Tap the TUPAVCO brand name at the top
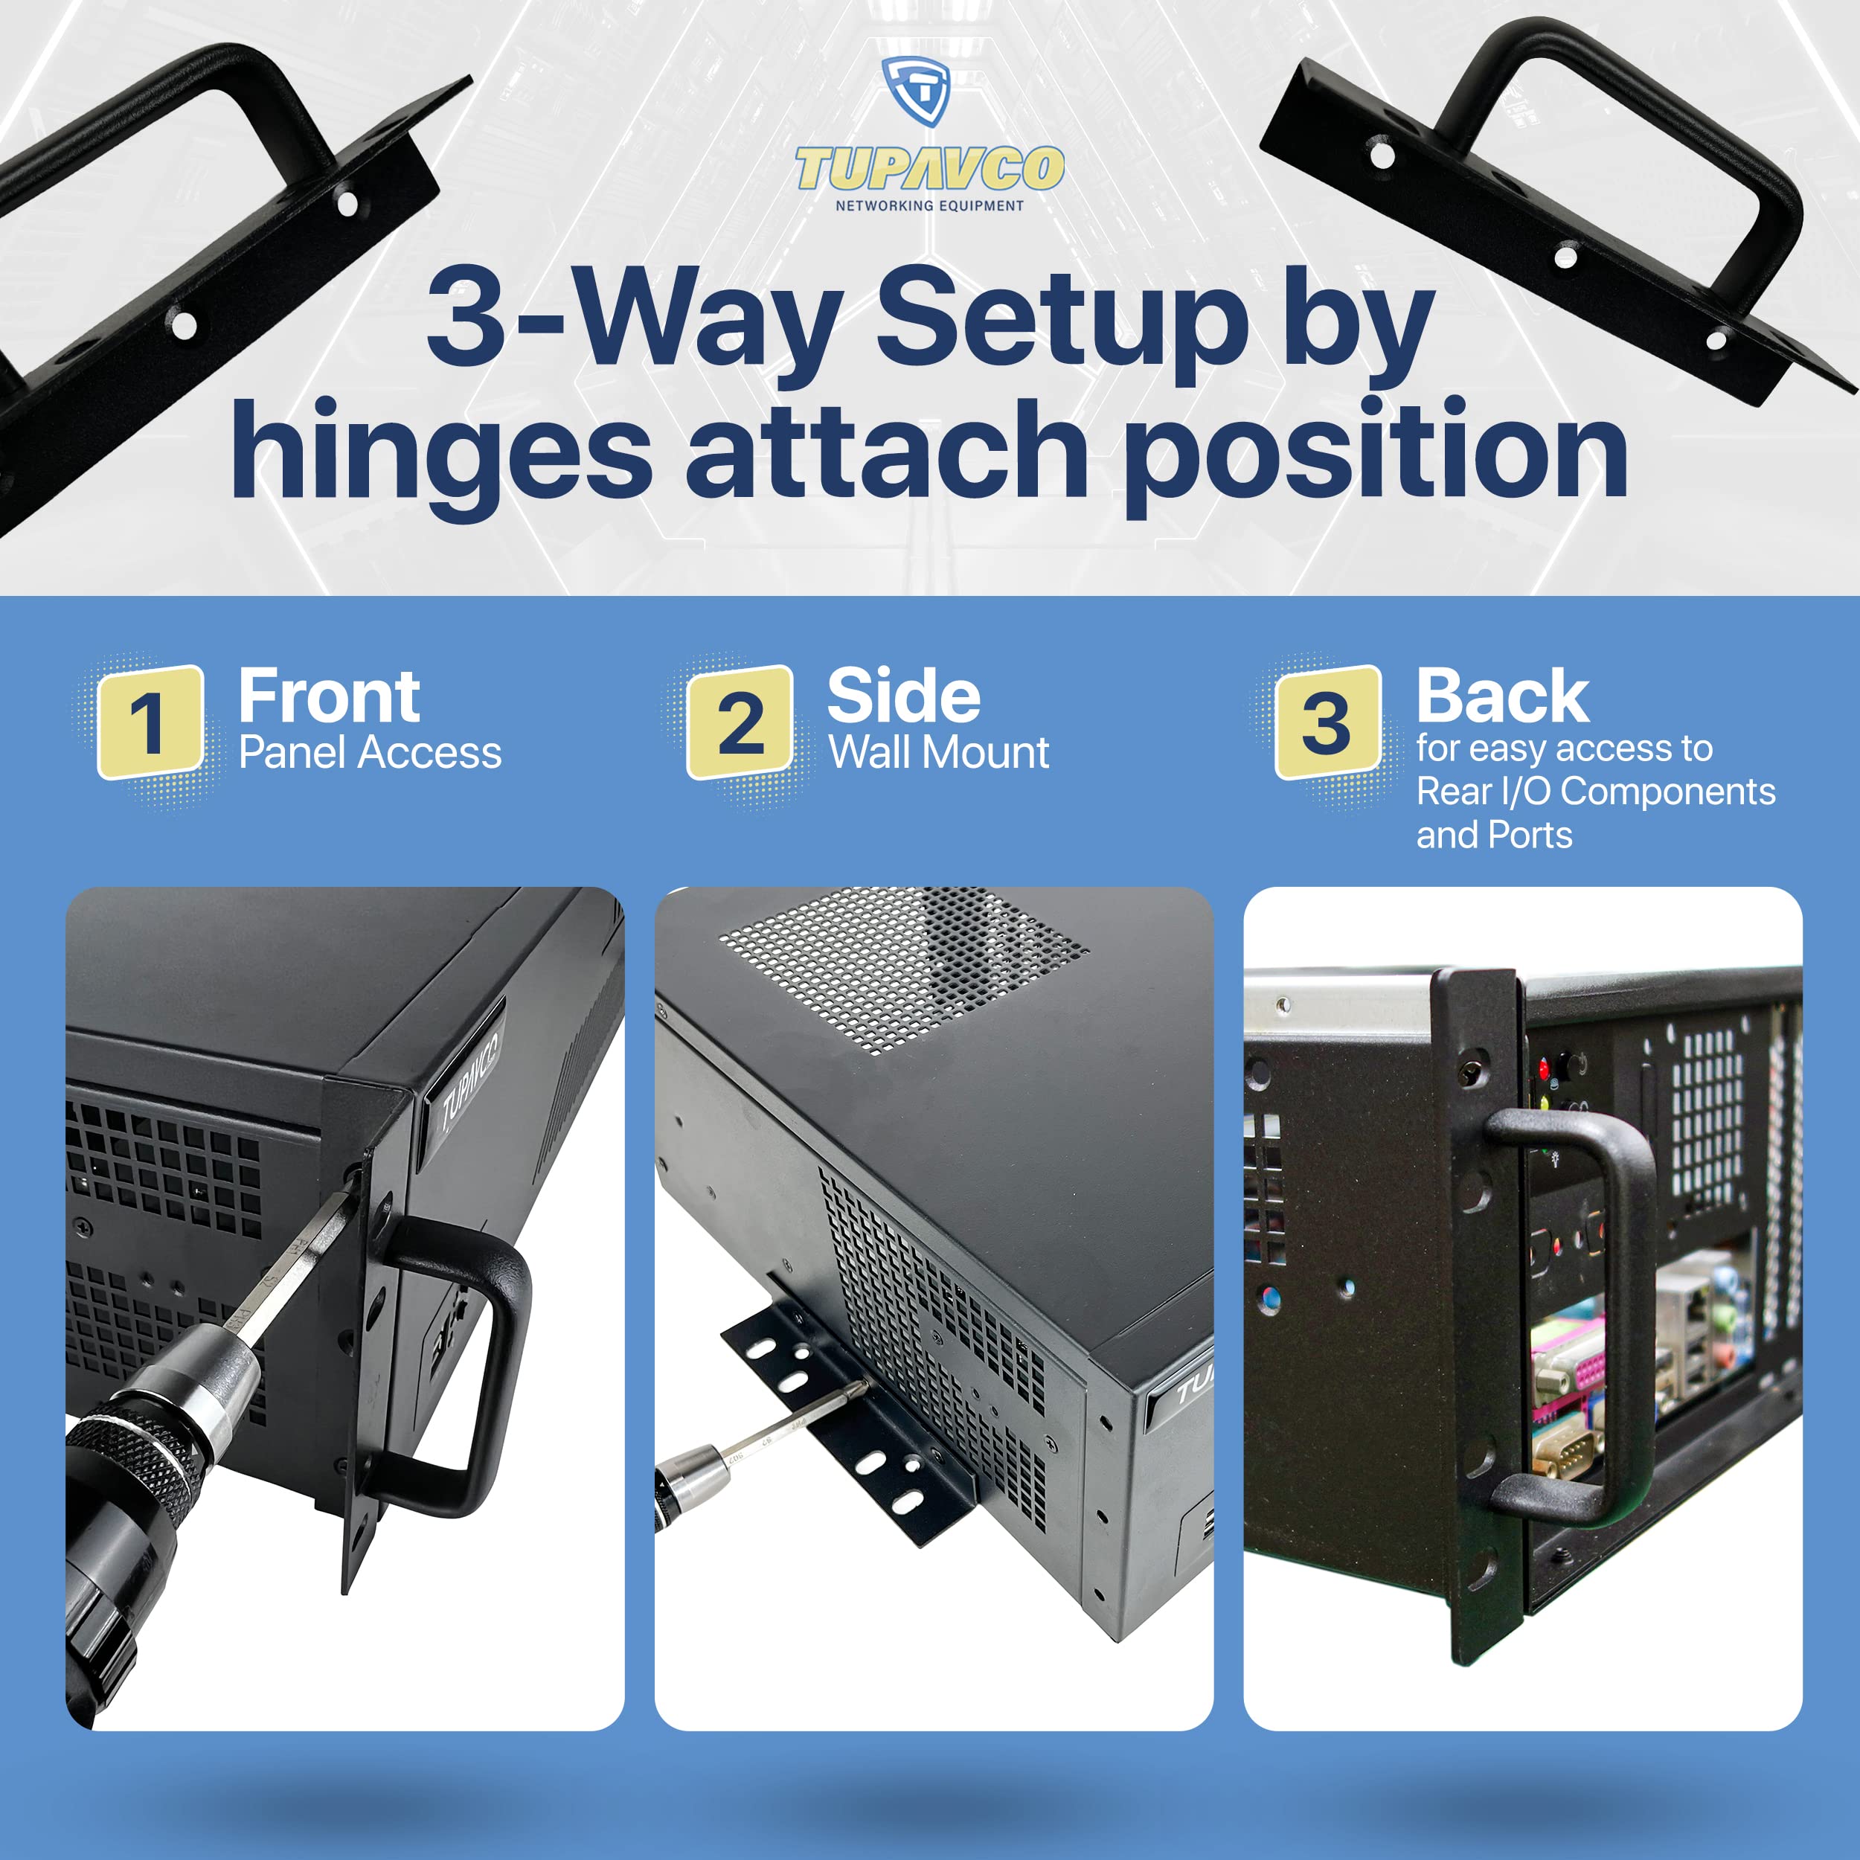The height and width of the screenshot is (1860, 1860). (x=929, y=168)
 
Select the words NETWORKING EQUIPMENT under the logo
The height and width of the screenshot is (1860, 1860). (x=929, y=205)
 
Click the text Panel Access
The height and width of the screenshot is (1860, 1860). (x=370, y=753)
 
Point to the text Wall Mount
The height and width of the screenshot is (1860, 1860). (x=939, y=753)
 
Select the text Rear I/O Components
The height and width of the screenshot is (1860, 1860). (x=1595, y=792)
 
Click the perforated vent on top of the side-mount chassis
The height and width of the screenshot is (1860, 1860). (x=903, y=967)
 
